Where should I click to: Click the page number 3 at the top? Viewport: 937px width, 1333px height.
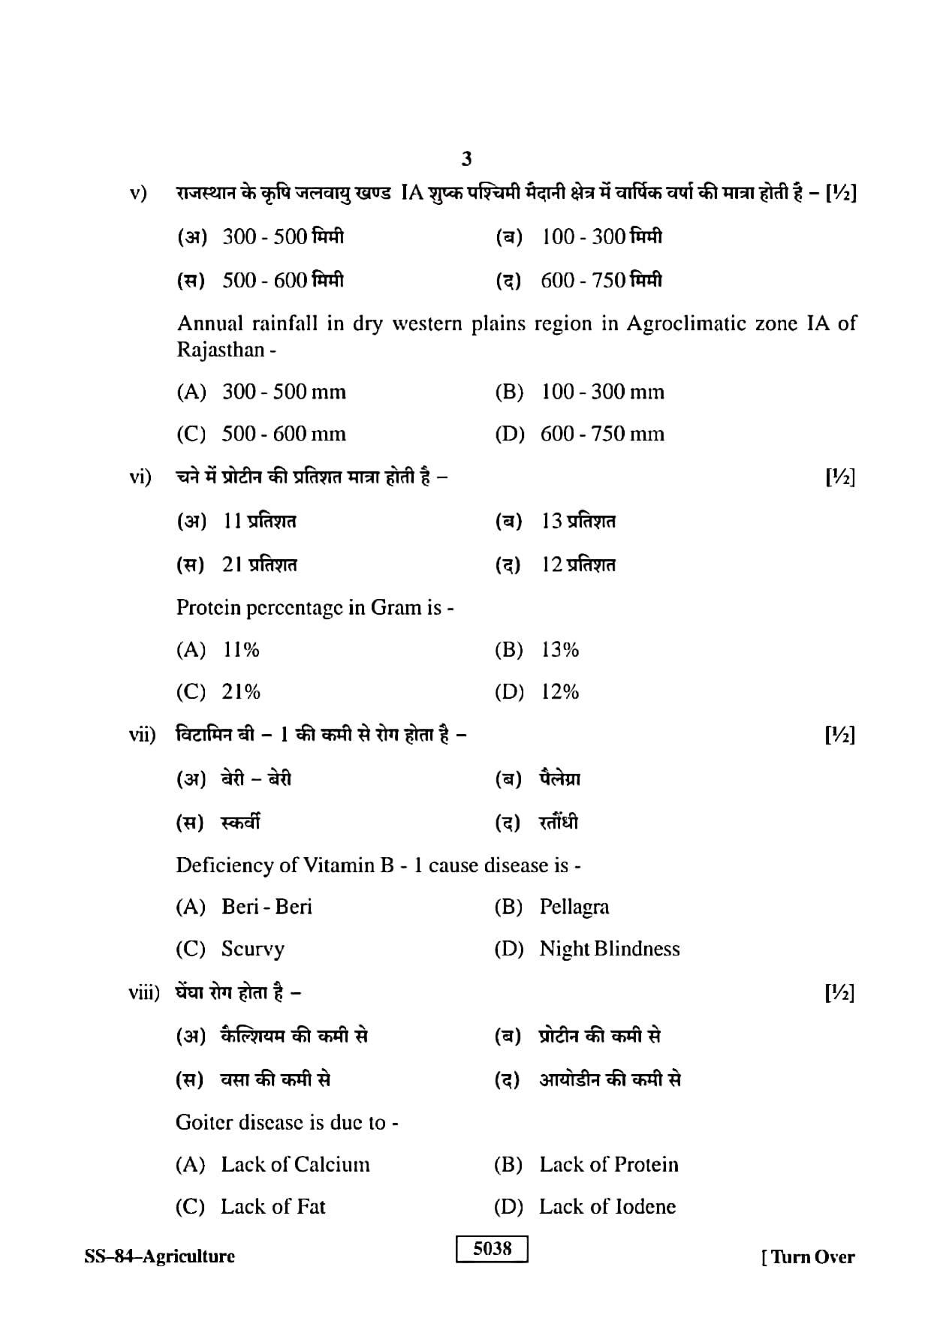(467, 158)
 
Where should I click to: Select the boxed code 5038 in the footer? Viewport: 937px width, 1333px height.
(492, 1248)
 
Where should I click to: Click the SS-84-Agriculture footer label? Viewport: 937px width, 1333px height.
(159, 1256)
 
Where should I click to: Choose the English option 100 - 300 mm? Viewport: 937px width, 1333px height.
(602, 392)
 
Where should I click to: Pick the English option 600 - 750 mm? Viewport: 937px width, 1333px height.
(602, 434)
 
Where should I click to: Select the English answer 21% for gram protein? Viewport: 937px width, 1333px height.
(241, 691)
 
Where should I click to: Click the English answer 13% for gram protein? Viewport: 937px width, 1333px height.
(560, 649)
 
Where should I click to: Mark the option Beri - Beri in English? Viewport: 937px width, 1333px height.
(267, 907)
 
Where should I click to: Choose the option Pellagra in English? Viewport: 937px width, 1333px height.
(574, 907)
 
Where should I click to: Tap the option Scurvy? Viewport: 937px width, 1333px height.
(253, 949)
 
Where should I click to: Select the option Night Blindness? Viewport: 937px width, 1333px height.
(610, 949)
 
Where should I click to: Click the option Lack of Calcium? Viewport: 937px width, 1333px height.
(295, 1164)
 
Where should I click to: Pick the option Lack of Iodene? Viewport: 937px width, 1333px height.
(607, 1206)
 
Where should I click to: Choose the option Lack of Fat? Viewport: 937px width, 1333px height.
(273, 1206)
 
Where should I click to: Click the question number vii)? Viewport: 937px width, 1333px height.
(142, 734)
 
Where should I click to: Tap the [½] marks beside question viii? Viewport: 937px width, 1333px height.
(840, 992)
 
